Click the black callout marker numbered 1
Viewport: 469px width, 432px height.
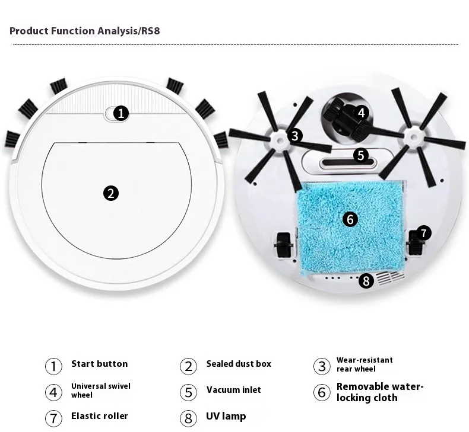click(x=121, y=113)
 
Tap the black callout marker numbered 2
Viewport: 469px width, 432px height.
click(x=111, y=193)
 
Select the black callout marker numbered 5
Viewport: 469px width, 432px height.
click(x=361, y=155)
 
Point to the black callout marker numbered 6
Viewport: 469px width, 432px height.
click(x=350, y=219)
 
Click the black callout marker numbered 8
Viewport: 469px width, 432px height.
click(x=366, y=281)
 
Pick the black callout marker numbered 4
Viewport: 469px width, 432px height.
click(x=362, y=113)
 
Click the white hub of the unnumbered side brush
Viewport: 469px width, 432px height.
click(x=414, y=137)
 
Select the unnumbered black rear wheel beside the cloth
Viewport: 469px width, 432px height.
click(x=283, y=245)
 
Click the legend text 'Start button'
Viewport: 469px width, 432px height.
click(x=100, y=364)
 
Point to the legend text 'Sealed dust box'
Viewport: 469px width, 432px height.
click(x=239, y=364)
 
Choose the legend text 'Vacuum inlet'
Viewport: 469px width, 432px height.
click(x=233, y=389)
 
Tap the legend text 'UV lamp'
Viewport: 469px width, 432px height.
click(x=226, y=416)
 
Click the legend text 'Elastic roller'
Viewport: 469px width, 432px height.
click(x=100, y=416)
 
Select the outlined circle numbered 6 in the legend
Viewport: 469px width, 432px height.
click(x=322, y=392)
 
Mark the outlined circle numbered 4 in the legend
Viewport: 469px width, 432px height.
click(x=53, y=392)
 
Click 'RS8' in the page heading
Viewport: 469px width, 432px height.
click(x=150, y=31)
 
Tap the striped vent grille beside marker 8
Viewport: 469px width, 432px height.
click(x=391, y=278)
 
